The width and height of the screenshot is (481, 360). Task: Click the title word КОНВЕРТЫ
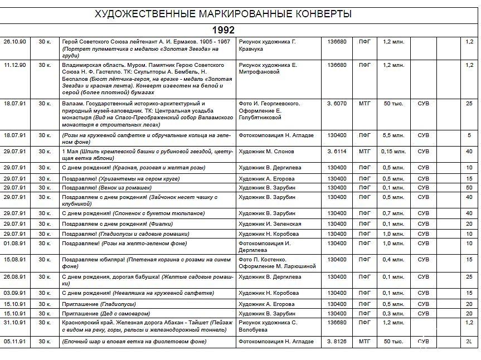(319, 14)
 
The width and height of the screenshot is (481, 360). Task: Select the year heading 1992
(223, 30)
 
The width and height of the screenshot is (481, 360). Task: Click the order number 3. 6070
(337, 104)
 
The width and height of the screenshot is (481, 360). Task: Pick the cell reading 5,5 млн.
(393, 135)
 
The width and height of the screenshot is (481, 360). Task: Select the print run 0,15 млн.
(393, 152)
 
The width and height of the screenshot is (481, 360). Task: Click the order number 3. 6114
(337, 152)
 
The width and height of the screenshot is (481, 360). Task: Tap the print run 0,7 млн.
(393, 213)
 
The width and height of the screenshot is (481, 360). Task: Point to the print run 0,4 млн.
(393, 260)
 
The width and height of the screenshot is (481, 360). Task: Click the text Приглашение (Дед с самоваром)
(102, 314)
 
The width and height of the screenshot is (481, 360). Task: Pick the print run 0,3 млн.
(393, 314)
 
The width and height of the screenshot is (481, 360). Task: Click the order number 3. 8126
(337, 342)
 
